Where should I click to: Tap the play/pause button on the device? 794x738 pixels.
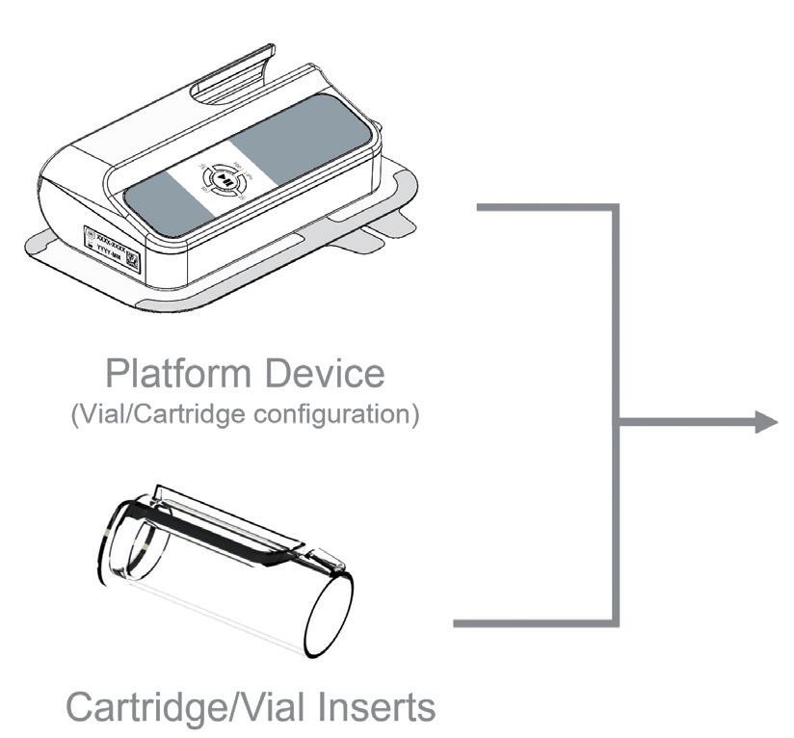(x=224, y=179)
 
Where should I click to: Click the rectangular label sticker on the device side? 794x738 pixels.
(x=113, y=250)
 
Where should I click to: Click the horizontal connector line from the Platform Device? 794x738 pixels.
(x=545, y=206)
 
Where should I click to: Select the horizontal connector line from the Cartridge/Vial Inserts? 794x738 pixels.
(x=534, y=624)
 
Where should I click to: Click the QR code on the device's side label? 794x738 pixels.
(x=134, y=261)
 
